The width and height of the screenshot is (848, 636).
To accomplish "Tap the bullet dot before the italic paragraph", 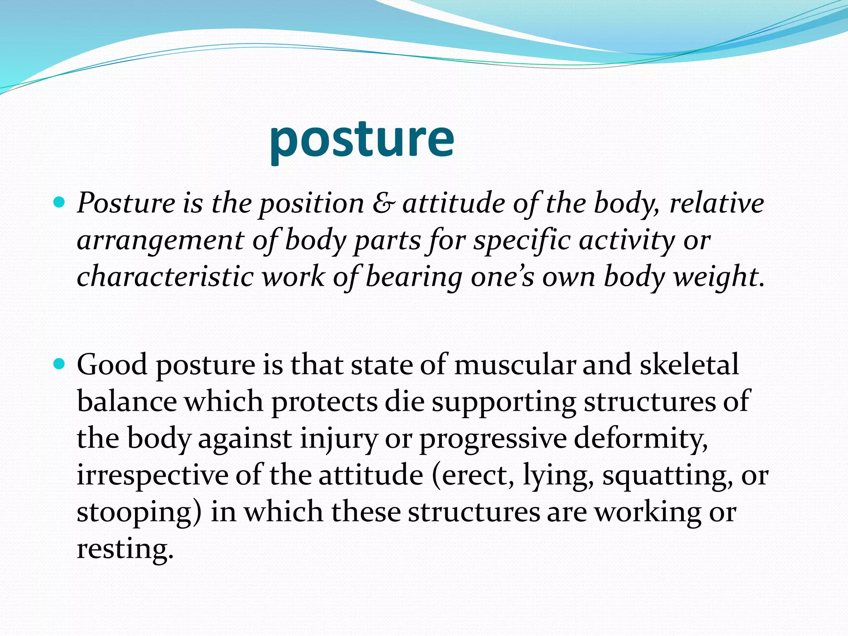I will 60,203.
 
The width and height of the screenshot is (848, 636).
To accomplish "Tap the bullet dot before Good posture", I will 60,364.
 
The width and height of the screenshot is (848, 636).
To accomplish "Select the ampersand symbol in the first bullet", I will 383,203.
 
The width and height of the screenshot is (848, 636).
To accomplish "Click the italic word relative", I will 716,203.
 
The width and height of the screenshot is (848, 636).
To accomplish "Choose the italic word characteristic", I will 165,277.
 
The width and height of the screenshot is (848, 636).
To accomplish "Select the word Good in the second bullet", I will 112,364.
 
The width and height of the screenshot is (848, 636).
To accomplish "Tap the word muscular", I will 515,364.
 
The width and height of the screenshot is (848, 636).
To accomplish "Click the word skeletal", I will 689,364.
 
